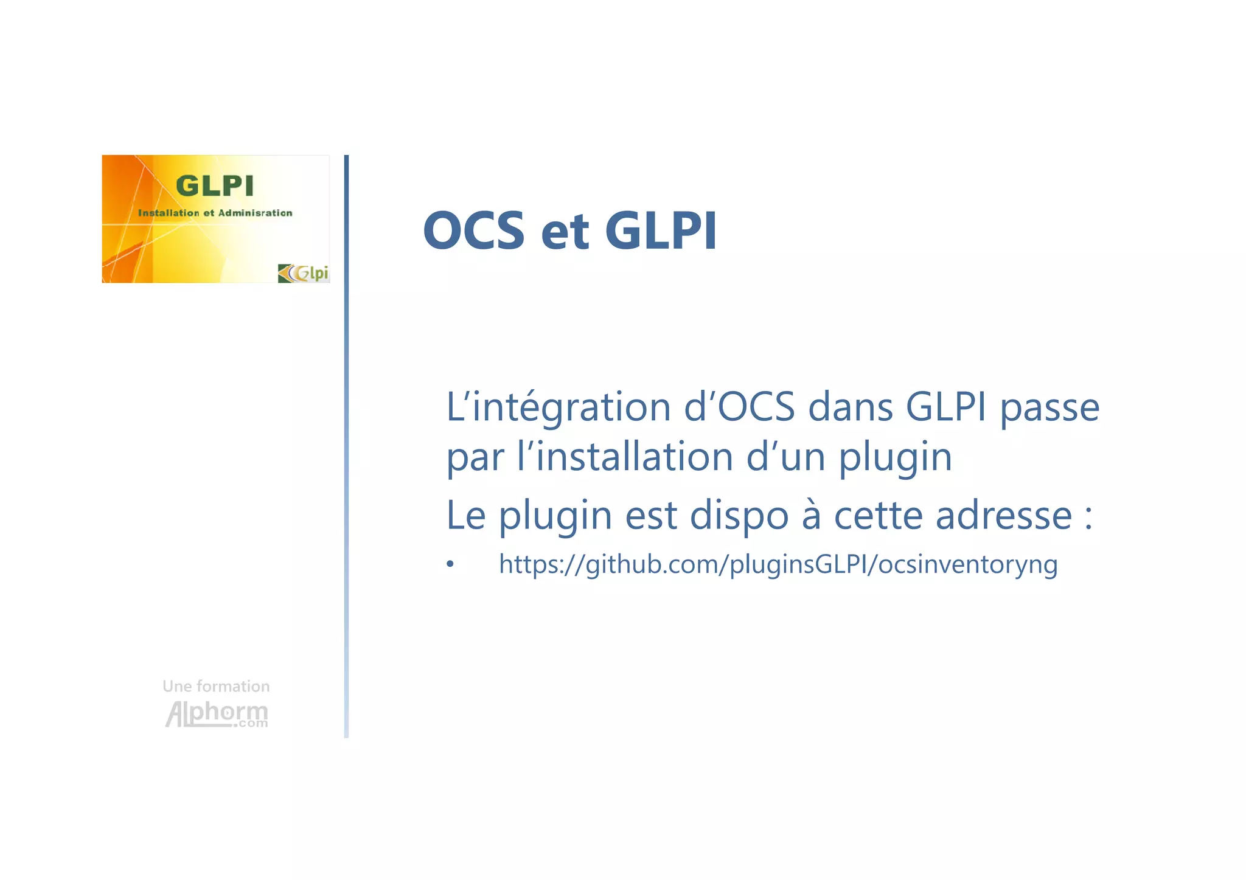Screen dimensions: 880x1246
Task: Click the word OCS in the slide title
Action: (473, 230)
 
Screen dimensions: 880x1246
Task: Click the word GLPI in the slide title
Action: (661, 230)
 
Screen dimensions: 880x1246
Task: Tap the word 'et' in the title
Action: (565, 232)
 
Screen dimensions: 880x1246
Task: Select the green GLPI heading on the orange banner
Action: (214, 185)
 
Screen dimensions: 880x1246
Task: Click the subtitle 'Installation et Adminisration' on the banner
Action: (215, 213)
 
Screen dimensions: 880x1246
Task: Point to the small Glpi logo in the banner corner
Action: (303, 273)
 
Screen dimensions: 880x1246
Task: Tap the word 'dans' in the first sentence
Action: (850, 407)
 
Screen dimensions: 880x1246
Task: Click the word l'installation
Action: (625, 457)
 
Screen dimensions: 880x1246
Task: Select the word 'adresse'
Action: (1003, 516)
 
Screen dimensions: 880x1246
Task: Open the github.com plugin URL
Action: (778, 565)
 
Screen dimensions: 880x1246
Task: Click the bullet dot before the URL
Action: (450, 565)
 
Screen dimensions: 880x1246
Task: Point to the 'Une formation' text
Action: (216, 686)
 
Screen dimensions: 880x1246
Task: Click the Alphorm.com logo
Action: (217, 713)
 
